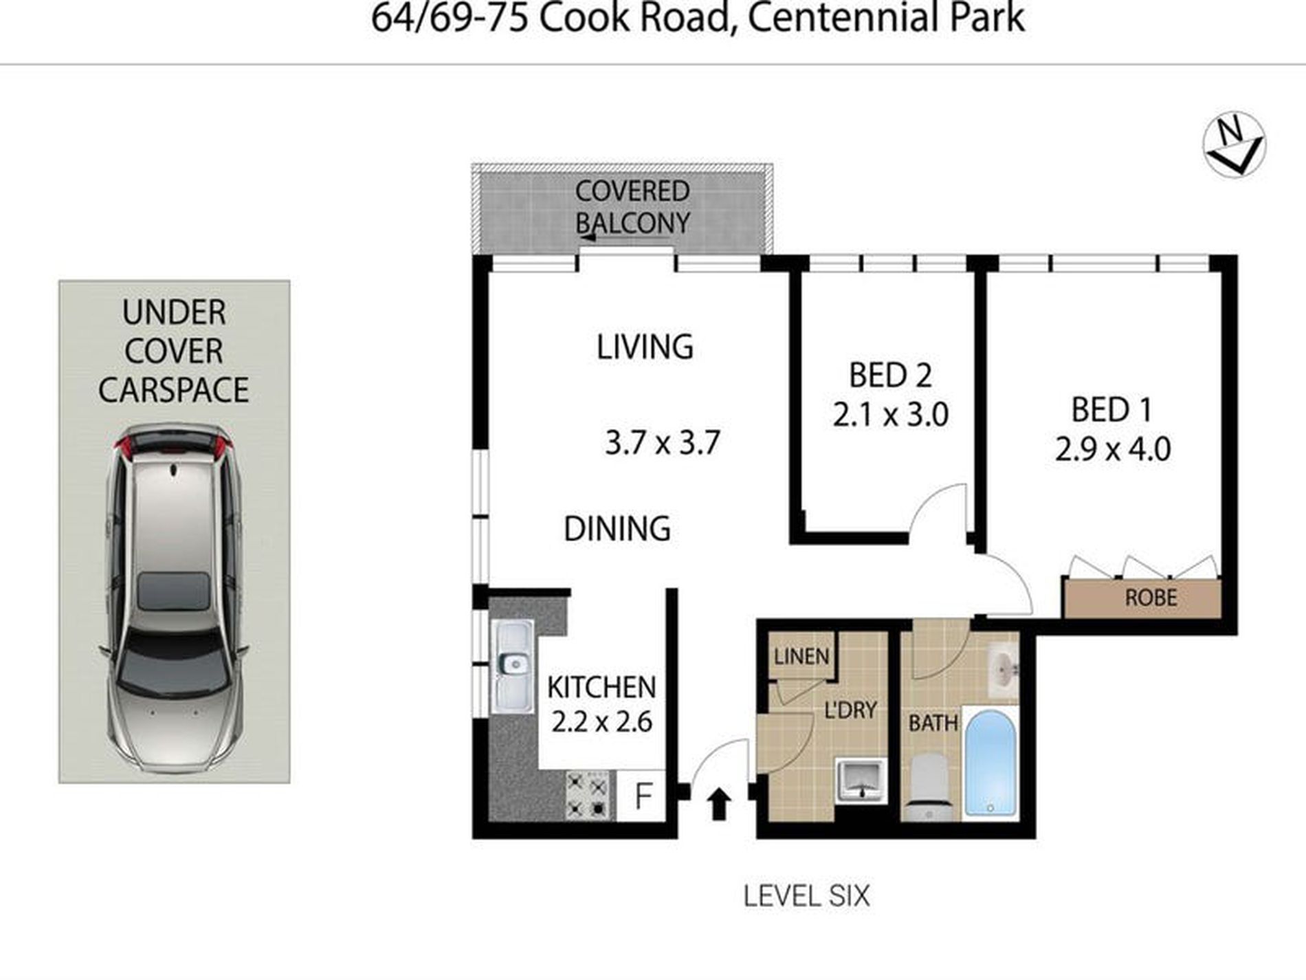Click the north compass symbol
coord(1234,146)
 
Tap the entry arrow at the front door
coord(718,804)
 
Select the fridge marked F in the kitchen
coord(642,796)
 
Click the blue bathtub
coord(990,763)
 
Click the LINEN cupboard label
coord(801,656)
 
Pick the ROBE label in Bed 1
coord(1151,598)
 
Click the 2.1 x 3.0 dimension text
coord(890,415)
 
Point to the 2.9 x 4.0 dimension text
coord(1113,450)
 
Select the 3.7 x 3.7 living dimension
coord(663,442)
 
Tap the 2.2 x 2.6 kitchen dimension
coord(601,722)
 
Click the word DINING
coord(617,529)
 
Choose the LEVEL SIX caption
coord(806,896)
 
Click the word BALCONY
coord(632,224)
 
